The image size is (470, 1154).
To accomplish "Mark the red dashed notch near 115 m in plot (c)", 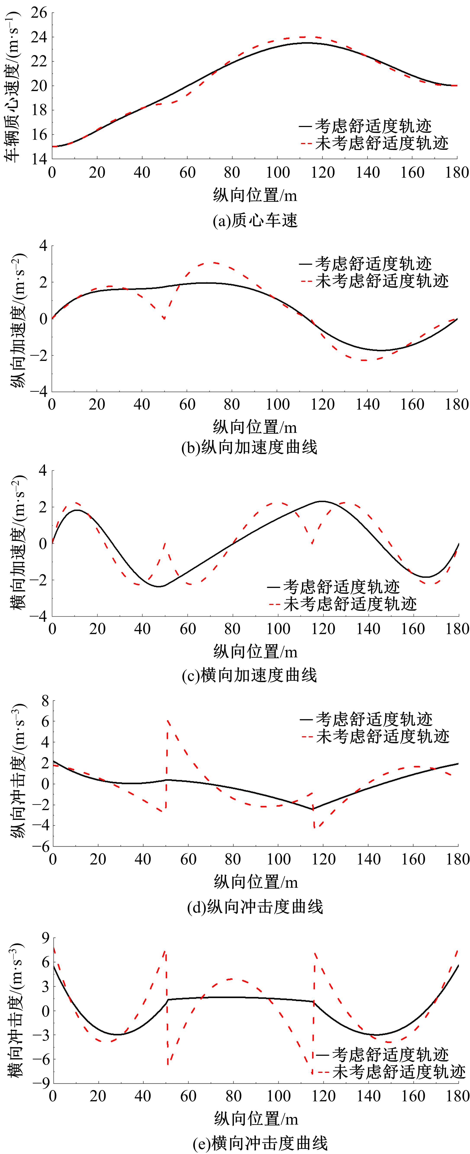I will coord(312,543).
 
